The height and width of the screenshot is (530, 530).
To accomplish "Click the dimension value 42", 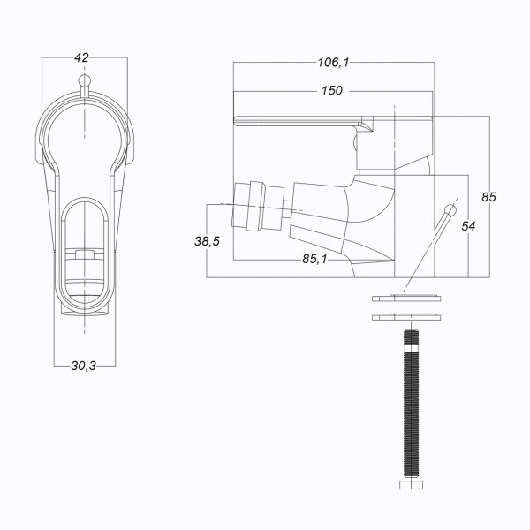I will (x=82, y=57).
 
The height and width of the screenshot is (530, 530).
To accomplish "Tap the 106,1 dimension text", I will (x=333, y=62).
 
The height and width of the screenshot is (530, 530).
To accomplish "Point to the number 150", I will (x=333, y=91).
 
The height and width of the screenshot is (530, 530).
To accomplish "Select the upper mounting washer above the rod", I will (x=405, y=299).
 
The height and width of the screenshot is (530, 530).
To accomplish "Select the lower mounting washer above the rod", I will (x=405, y=315).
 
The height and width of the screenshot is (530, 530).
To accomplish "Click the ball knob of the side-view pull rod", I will (x=450, y=209).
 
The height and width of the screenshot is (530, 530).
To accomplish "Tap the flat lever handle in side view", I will (x=300, y=119).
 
